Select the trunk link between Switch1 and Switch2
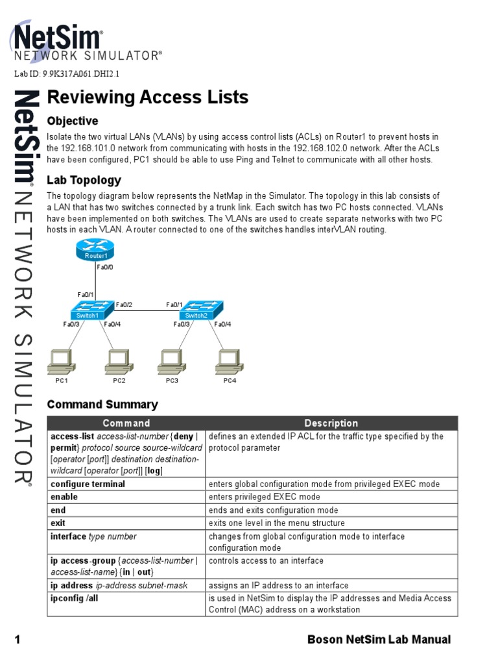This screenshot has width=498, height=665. pos(143,311)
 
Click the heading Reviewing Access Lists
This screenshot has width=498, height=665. pos(148,97)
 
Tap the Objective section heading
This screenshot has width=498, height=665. pos(73,121)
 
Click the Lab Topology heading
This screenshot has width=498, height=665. pos(84,180)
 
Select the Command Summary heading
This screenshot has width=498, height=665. pos(102,405)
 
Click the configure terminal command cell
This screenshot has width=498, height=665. pos(88,484)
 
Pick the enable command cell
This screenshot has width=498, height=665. pos(64,497)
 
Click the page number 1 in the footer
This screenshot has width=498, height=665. pos(18,640)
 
